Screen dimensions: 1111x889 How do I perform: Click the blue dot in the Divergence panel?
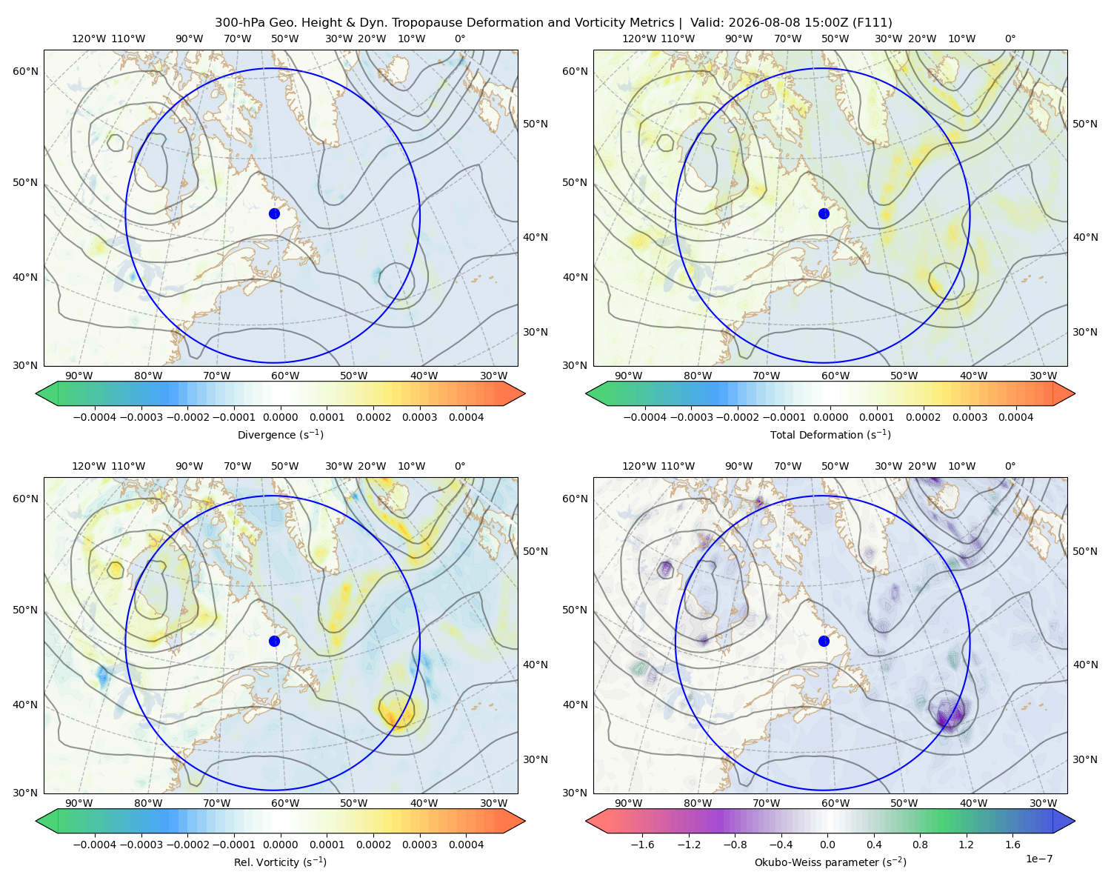[x=274, y=213]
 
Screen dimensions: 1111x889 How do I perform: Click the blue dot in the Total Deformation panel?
[x=824, y=213]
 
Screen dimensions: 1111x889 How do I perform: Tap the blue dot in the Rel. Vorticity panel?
[x=274, y=641]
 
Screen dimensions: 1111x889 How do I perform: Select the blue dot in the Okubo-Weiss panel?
[x=824, y=641]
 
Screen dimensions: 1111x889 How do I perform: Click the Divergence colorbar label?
[x=280, y=434]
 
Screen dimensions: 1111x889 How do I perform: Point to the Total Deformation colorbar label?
[x=830, y=434]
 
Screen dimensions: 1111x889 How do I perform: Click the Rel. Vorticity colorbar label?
[x=280, y=862]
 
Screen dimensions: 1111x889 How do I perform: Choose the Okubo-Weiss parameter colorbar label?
[x=830, y=862]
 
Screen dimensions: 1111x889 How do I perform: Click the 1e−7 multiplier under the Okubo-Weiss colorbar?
[x=1038, y=859]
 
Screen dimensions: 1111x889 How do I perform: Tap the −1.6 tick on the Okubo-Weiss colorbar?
[x=642, y=845]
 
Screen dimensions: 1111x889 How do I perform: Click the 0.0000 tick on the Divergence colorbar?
[x=280, y=417]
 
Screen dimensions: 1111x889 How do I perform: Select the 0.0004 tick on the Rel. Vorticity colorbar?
[x=466, y=845]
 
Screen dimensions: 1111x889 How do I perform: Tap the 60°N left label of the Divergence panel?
[x=25, y=71]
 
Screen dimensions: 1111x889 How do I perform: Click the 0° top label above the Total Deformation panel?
[x=1010, y=39]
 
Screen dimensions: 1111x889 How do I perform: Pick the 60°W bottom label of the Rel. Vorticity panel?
[x=285, y=803]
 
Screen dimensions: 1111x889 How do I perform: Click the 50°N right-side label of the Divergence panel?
[x=536, y=124]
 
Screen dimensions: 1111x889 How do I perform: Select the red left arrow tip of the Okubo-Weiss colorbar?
[x=587, y=821]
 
